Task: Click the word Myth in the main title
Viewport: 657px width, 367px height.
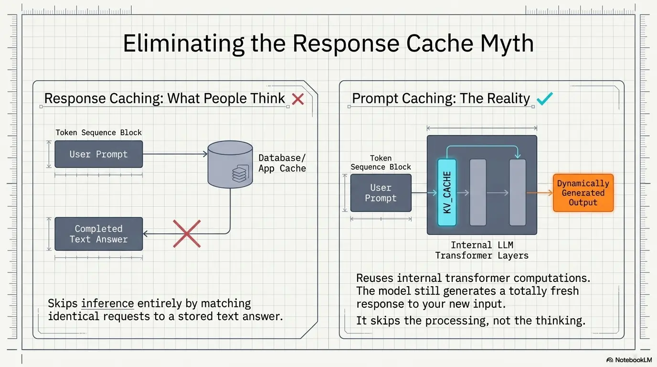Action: click(x=507, y=44)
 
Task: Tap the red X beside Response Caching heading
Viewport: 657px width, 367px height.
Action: click(x=298, y=99)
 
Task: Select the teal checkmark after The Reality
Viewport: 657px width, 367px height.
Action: click(x=545, y=98)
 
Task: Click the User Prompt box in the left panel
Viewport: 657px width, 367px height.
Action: click(x=98, y=154)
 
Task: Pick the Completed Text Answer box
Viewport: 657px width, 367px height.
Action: click(x=98, y=234)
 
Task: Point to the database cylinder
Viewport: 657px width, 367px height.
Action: click(x=230, y=164)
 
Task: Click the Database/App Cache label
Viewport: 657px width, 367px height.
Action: click(x=282, y=163)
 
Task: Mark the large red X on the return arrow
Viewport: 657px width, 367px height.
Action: click(x=187, y=234)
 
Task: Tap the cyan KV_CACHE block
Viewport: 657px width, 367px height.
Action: click(x=447, y=192)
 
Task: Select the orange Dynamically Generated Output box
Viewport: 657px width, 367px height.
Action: click(x=583, y=193)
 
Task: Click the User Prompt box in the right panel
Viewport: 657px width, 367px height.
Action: click(x=381, y=193)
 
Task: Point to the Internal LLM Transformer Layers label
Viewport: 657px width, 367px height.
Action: click(x=482, y=250)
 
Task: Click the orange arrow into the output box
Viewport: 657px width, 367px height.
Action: click(x=540, y=193)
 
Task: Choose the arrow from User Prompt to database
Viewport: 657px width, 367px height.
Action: click(x=175, y=154)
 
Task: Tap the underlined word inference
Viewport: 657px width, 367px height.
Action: click(x=107, y=303)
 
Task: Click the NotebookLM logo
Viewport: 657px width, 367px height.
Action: click(x=629, y=360)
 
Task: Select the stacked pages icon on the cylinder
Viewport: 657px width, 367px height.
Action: click(x=240, y=173)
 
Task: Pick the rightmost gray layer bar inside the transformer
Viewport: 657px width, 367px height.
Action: click(x=518, y=192)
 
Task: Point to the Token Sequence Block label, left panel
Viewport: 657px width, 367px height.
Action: click(x=98, y=132)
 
